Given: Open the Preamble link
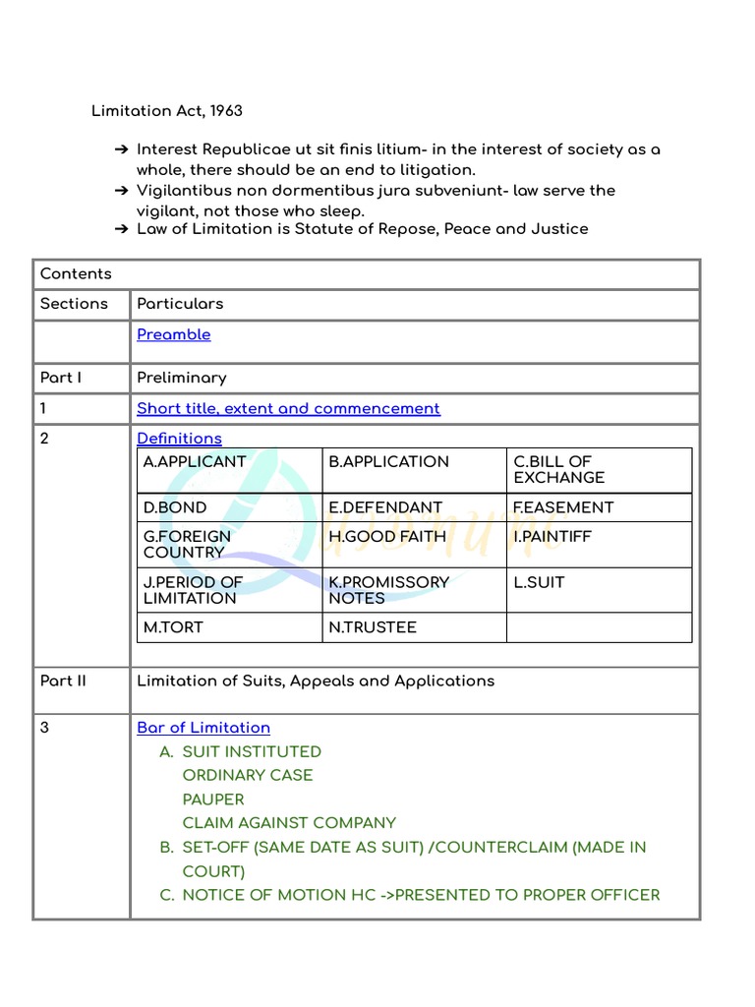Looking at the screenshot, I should click(174, 334).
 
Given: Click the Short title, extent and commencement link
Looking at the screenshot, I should click(288, 408).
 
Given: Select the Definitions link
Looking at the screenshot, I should click(179, 439).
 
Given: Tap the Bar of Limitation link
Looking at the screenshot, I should click(203, 728).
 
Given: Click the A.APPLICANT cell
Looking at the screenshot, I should click(195, 462).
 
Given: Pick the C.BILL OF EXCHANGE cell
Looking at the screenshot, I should click(559, 470).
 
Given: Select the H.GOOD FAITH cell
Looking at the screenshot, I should click(387, 537).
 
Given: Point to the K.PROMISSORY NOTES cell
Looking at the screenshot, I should click(388, 590).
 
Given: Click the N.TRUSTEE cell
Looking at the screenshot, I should click(373, 627).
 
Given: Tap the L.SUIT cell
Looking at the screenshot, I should click(540, 582).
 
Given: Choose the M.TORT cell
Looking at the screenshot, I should click(173, 627).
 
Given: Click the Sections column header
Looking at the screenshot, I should click(74, 304).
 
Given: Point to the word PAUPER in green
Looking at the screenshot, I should click(213, 800).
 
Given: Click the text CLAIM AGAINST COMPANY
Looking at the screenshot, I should click(289, 823).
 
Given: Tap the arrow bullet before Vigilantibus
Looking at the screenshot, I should click(120, 190).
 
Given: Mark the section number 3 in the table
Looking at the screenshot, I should click(44, 728).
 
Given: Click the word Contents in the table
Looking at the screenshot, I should click(76, 274).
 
